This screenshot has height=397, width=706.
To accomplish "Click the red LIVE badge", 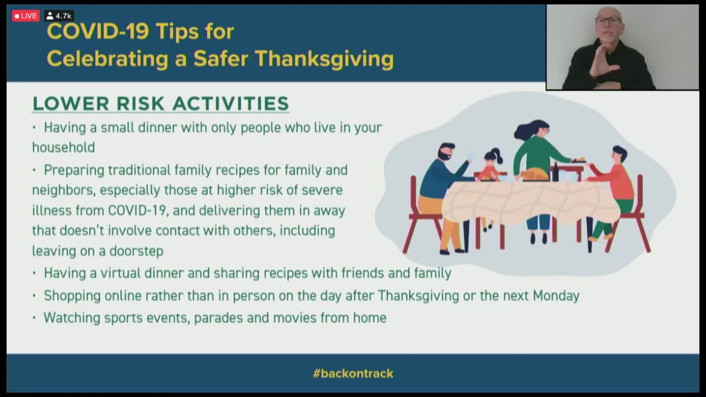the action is point(26,16).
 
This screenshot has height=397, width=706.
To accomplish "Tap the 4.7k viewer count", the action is point(59,16).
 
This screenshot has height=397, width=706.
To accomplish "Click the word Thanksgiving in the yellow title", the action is point(325,59).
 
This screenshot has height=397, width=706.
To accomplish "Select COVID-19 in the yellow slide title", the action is point(98,31).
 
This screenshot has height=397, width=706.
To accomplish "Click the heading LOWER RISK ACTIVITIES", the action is point(161,103).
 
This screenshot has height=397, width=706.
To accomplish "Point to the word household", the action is point(63,147).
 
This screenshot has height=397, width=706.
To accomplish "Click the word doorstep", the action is point(136,251).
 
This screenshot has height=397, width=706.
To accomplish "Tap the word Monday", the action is point(556,296).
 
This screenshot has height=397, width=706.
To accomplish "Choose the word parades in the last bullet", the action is point(218,318).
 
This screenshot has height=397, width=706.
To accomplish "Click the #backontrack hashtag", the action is point(353,373).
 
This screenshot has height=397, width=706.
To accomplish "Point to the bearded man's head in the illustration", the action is point(446,152).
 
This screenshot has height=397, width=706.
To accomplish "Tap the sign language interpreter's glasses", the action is point(608,20).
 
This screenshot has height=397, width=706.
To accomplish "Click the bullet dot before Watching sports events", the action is point(34,318).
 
